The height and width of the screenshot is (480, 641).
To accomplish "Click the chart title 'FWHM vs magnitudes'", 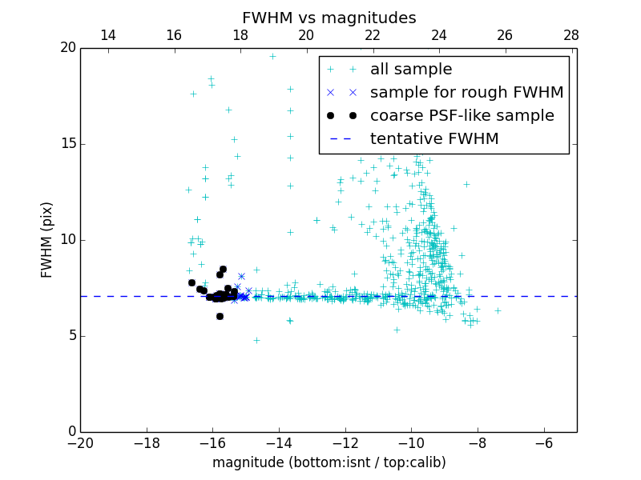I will click(329, 18).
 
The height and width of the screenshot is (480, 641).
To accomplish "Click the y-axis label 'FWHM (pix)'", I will click(47, 239).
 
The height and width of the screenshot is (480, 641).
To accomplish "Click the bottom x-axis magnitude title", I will click(329, 462).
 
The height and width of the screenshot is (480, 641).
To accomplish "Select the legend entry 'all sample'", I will click(411, 70).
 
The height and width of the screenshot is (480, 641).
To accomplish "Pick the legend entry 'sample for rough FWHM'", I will click(466, 93).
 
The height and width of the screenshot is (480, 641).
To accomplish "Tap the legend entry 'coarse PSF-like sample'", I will click(462, 116).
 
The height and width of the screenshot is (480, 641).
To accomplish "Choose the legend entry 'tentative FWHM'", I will click(434, 139).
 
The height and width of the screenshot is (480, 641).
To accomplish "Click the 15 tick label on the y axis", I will click(67, 144).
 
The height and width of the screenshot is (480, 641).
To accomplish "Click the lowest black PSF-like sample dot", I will click(220, 316).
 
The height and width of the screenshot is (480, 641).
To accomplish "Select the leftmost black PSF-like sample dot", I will click(191, 282).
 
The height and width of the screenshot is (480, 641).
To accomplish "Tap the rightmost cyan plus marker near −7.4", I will click(498, 310).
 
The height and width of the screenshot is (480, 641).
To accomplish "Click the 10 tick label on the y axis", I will click(67, 240).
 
